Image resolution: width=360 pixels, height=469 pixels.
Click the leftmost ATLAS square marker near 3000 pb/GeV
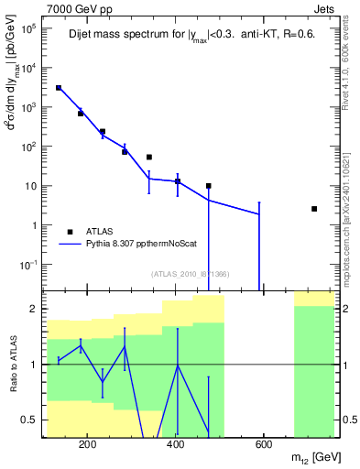point(59,88)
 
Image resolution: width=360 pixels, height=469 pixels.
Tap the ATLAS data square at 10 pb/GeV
point(209,186)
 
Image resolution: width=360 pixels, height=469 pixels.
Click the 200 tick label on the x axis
point(88,447)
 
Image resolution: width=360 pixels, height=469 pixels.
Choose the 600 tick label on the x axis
point(263,447)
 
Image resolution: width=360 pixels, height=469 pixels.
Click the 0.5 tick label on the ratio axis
point(29,420)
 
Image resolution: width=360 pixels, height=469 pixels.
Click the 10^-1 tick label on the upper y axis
point(27,265)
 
